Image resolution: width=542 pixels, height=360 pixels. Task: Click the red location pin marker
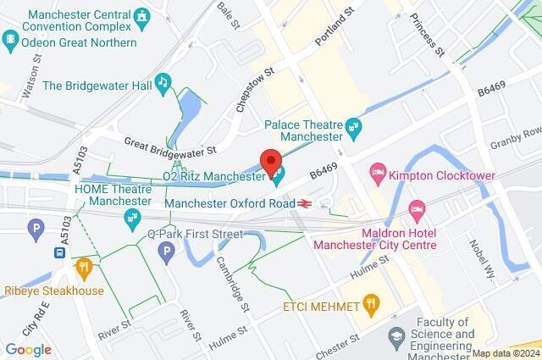[271, 160]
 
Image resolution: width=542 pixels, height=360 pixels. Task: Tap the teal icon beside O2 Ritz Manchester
[277, 176]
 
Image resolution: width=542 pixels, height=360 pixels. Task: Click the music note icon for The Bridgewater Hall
[163, 81]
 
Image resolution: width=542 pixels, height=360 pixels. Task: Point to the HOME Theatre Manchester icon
[132, 218]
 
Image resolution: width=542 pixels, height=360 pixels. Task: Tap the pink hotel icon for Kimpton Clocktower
[379, 175]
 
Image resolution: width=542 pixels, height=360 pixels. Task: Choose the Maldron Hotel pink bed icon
[416, 208]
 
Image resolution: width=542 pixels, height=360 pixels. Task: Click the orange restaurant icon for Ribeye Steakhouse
[83, 268]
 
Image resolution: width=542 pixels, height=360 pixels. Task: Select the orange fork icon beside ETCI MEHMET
[370, 302]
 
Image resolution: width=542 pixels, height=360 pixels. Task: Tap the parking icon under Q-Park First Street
[168, 252]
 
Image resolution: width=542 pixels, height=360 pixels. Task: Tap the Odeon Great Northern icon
[10, 38]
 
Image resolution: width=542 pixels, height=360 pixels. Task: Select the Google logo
[28, 348]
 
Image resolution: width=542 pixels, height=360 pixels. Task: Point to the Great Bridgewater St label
[170, 146]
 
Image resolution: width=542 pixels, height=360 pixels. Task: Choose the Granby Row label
[519, 136]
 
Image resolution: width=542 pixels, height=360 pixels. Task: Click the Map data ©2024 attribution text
[505, 353]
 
